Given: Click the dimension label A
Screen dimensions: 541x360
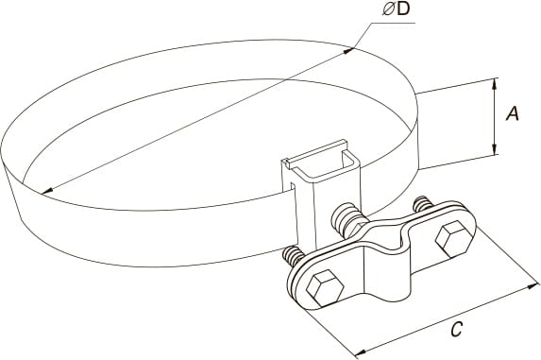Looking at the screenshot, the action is tap(513, 113).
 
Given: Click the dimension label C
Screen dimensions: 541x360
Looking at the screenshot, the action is tap(456, 329).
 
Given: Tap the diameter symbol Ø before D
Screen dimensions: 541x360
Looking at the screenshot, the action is tap(388, 9).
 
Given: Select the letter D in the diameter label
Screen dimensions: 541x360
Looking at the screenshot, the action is tap(402, 9).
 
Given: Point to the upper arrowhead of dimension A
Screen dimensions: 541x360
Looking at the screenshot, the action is tap(495, 83).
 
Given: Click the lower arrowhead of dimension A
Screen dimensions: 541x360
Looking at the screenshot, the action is tap(495, 149).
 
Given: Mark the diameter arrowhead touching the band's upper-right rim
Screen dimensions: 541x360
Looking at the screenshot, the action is tap(348, 51).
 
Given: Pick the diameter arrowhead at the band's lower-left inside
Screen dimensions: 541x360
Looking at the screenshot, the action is tap(47, 190).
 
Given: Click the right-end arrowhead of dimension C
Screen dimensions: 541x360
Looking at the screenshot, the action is tap(533, 286).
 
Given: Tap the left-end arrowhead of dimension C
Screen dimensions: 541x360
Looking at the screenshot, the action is tap(361, 352).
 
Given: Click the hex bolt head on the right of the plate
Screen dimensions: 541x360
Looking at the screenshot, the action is tap(454, 239).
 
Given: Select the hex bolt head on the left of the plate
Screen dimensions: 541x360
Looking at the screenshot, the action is tap(325, 288).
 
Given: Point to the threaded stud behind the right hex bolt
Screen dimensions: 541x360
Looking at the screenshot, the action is tap(422, 203).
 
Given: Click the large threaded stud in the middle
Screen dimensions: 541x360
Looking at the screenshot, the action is tap(347, 221).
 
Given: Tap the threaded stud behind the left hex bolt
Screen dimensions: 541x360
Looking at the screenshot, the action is tap(293, 256).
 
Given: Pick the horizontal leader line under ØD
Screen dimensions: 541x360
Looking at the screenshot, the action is tap(394, 23).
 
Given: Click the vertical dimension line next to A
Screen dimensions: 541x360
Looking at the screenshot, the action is tap(495, 116).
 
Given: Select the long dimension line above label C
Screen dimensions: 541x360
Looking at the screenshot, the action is tap(447, 319).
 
